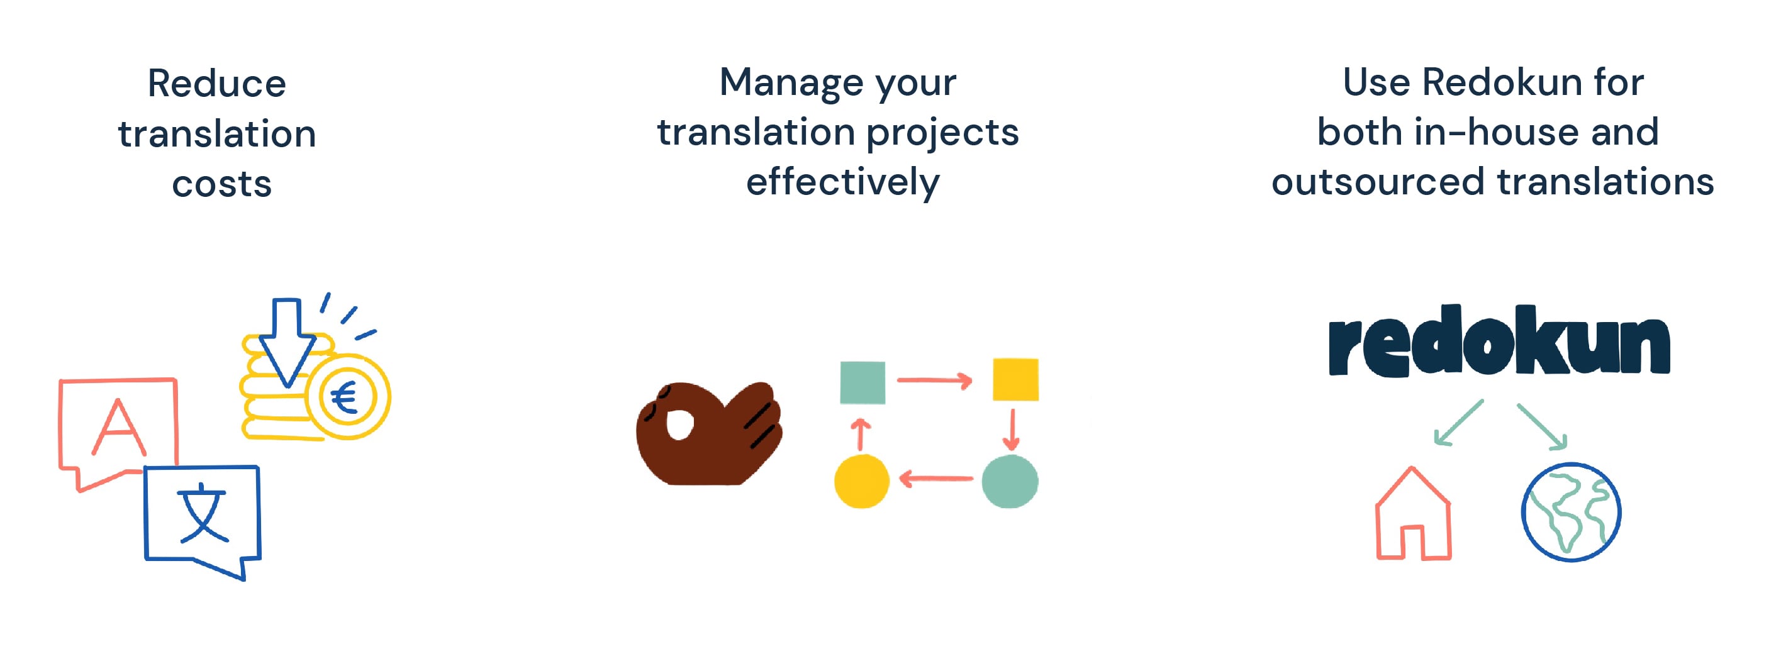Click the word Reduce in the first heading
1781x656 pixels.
[x=216, y=84]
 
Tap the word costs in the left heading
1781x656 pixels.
[x=221, y=184]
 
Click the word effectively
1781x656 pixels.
[x=842, y=182]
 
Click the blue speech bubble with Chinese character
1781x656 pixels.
[x=202, y=515]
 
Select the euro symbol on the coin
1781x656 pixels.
[x=344, y=397]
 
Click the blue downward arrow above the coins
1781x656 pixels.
[x=287, y=339]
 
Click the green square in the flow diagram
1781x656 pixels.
[x=862, y=382]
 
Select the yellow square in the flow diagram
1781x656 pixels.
[x=1015, y=379]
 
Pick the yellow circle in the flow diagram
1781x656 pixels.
[x=861, y=481]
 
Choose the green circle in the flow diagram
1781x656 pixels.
[x=1010, y=481]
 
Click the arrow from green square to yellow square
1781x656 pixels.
[x=934, y=380]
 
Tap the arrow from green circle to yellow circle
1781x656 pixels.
[x=935, y=479]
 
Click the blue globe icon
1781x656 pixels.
[x=1571, y=512]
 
